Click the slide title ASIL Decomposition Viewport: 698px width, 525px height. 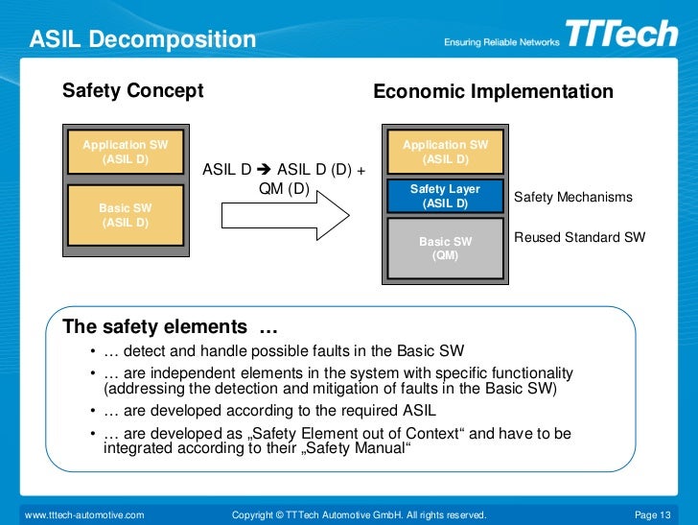point(143,40)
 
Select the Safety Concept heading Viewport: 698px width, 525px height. point(132,91)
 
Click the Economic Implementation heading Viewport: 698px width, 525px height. point(493,92)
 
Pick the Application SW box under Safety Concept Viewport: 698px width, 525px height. point(125,152)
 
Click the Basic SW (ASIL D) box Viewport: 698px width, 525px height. point(125,215)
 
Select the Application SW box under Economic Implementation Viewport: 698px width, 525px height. point(445,152)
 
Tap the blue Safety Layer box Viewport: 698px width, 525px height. point(445,196)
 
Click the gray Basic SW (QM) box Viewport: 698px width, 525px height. point(445,249)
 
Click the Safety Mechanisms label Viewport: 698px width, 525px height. point(573,197)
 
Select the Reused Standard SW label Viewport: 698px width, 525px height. point(580,237)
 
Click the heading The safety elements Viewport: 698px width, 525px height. point(163,326)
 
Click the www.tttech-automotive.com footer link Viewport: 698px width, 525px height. point(84,515)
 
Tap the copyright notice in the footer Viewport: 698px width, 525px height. point(359,515)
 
